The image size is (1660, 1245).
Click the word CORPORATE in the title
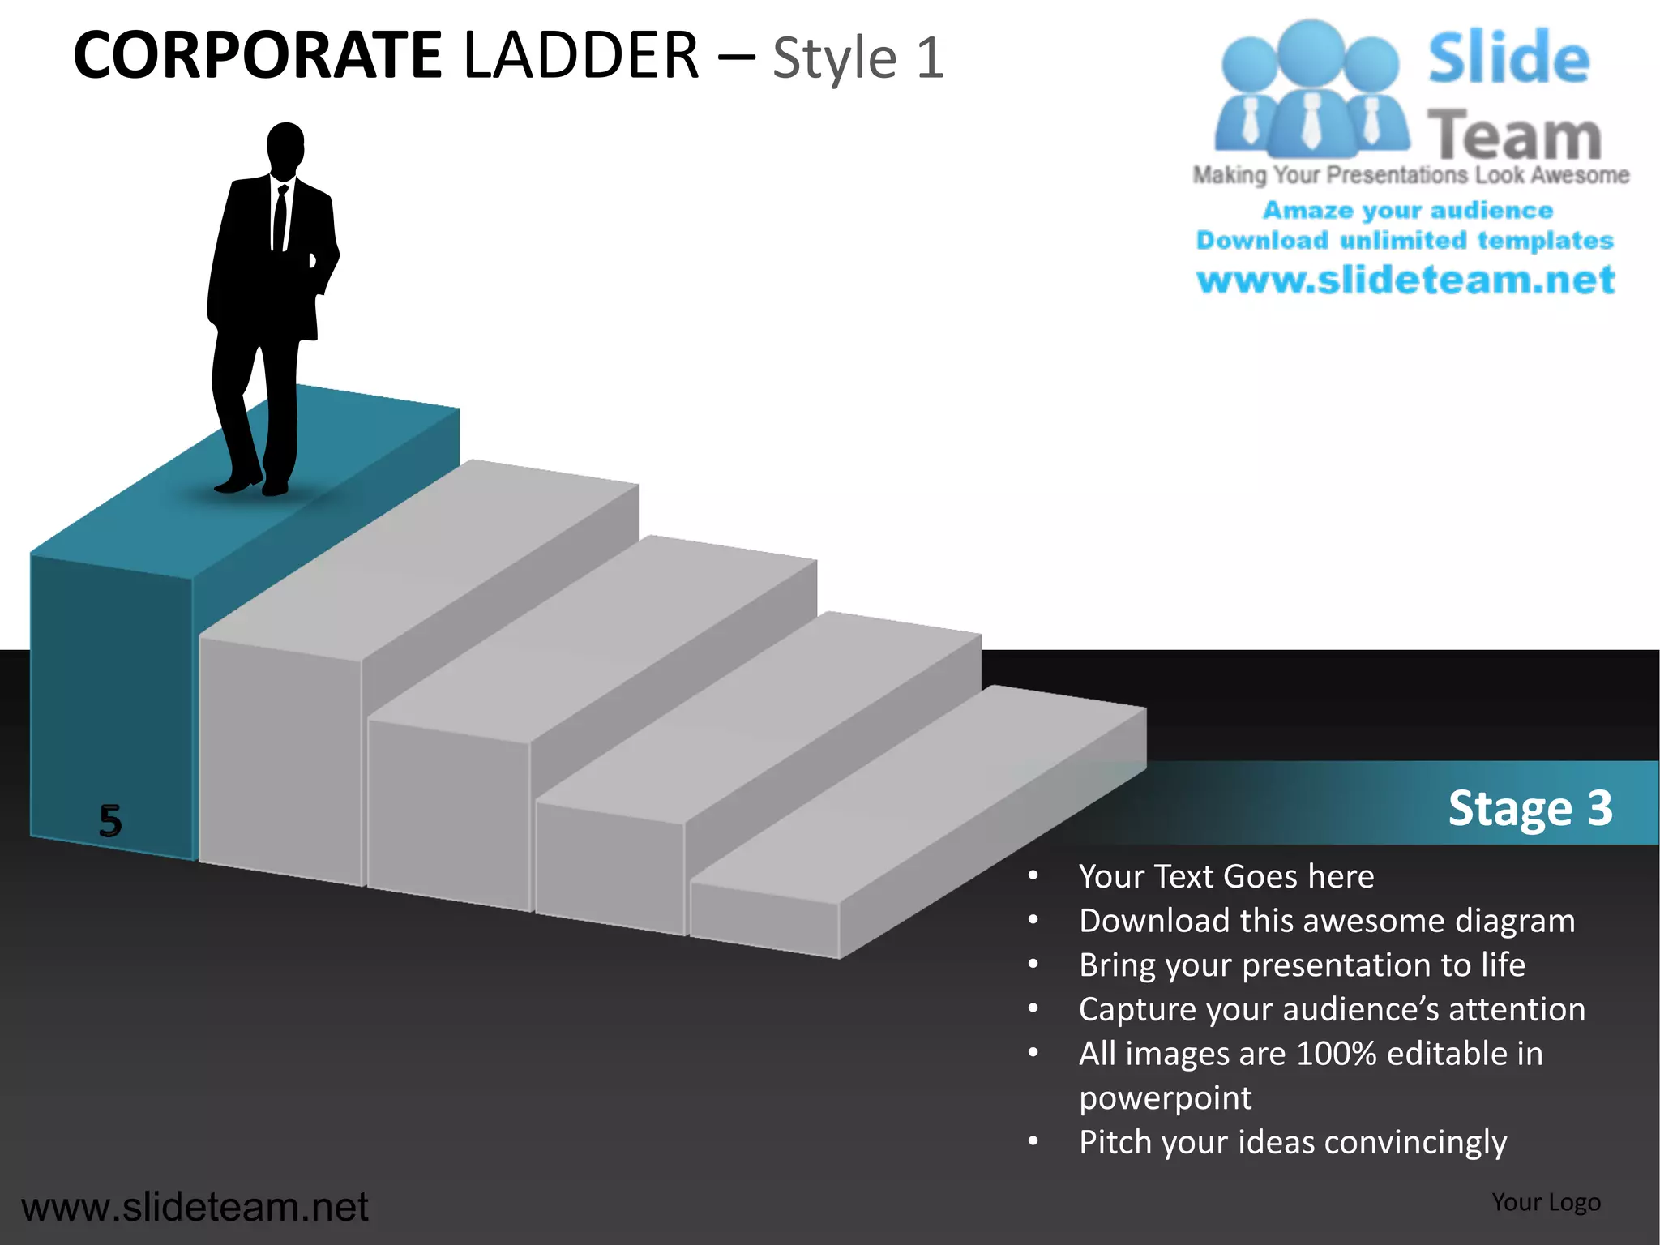tap(258, 56)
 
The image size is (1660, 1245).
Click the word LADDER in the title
tap(580, 56)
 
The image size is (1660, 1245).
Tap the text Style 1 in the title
tap(858, 58)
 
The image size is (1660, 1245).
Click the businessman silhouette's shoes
tap(251, 484)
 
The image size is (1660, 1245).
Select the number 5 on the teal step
tap(110, 820)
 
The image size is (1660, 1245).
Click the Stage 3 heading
tap(1530, 807)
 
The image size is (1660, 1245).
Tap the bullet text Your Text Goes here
tap(1226, 876)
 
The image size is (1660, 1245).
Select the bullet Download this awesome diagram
tap(1326, 921)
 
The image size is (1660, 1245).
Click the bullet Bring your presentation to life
tap(1302, 965)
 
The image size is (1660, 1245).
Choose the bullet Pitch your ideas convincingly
tap(1292, 1142)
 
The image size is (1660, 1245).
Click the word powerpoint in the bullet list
tap(1165, 1098)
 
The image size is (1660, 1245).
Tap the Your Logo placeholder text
tap(1546, 1202)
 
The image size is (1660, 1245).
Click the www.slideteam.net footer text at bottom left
tap(195, 1207)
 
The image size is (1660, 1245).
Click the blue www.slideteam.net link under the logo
tap(1405, 280)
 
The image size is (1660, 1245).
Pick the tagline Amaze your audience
tap(1407, 210)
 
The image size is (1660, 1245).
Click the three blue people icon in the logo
tap(1311, 89)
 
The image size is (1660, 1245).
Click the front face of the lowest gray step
tap(764, 919)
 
